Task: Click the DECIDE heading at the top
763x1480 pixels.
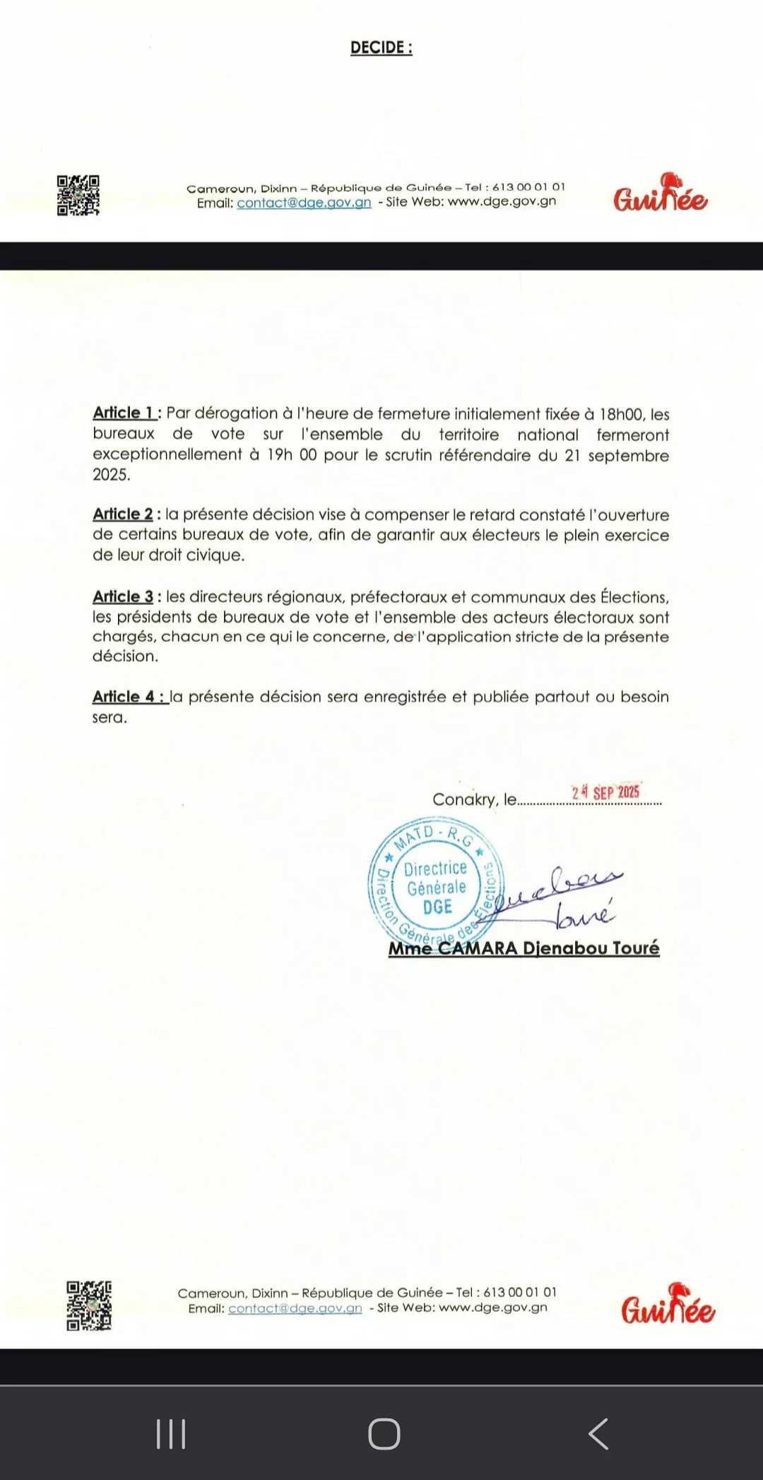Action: point(381,48)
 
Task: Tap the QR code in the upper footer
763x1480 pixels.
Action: point(78,195)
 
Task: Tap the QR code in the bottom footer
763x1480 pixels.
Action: point(89,1305)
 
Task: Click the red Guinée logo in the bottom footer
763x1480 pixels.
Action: point(668,1304)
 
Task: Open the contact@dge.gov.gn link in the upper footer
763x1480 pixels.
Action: point(304,203)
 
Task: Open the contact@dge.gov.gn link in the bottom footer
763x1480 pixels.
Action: point(295,1308)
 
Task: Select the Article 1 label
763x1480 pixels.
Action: point(124,413)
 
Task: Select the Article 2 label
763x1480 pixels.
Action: point(123,514)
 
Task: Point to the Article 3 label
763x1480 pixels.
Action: point(123,597)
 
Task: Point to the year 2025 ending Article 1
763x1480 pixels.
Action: point(111,475)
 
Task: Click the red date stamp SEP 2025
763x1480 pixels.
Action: point(606,792)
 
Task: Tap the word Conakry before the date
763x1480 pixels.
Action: point(464,799)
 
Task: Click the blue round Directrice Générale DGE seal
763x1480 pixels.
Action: point(434,883)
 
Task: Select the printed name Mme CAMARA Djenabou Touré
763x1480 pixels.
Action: point(524,949)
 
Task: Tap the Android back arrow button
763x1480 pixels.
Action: point(598,1433)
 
